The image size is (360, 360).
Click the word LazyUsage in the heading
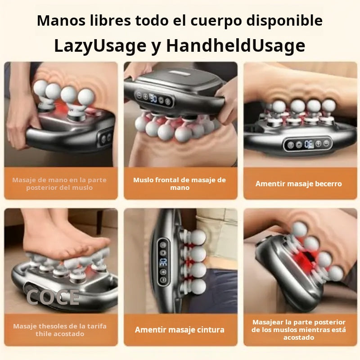pyautogui.click(x=100, y=46)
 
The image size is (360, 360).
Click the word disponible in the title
pyautogui.click(x=284, y=21)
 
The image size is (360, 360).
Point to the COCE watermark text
pyautogui.click(x=53, y=297)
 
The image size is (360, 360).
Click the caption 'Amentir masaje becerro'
pyautogui.click(x=299, y=184)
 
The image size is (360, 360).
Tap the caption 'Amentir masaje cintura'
pyautogui.click(x=180, y=330)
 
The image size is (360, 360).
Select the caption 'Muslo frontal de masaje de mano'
pyautogui.click(x=180, y=184)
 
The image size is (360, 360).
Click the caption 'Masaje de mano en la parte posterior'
pyautogui.click(x=59, y=184)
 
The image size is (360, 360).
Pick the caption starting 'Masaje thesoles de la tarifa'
pyautogui.click(x=60, y=330)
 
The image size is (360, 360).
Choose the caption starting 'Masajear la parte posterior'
pyautogui.click(x=299, y=330)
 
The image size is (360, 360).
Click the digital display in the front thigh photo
pyautogui.click(x=153, y=99)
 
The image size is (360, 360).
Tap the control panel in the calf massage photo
pyautogui.click(x=308, y=144)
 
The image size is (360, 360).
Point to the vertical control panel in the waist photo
pyautogui.click(x=163, y=262)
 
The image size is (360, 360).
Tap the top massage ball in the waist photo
pyautogui.click(x=198, y=238)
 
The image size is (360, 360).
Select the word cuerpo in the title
pyautogui.click(x=216, y=21)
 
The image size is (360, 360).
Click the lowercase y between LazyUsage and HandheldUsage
pyautogui.click(x=156, y=47)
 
